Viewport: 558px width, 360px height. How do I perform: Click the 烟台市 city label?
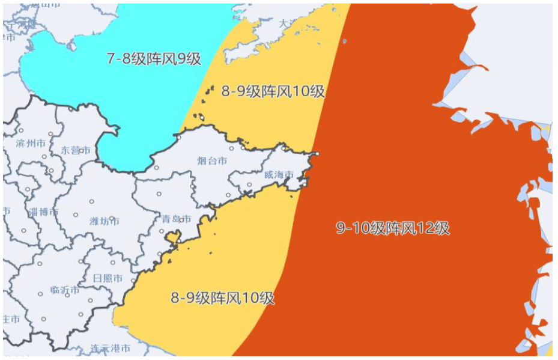tap(213, 161)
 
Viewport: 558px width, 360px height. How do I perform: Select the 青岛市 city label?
tap(177, 219)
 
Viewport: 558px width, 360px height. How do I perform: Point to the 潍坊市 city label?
tap(105, 222)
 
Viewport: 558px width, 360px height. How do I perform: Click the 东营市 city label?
tap(76, 150)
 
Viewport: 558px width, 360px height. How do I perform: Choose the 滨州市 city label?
tap(31, 144)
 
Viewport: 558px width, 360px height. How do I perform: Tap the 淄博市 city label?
tap(43, 212)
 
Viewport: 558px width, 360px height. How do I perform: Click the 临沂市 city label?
tap(65, 290)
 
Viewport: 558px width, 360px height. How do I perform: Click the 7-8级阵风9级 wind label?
tap(154, 59)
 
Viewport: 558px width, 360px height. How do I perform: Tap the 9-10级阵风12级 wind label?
tap(393, 228)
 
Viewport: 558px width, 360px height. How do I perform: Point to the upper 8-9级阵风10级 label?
tap(273, 92)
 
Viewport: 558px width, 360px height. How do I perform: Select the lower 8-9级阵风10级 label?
tap(223, 297)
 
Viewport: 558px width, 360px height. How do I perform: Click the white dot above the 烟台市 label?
tap(231, 147)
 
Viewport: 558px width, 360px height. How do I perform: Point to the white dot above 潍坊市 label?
tap(92, 201)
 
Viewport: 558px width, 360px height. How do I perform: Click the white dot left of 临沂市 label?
tap(40, 294)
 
